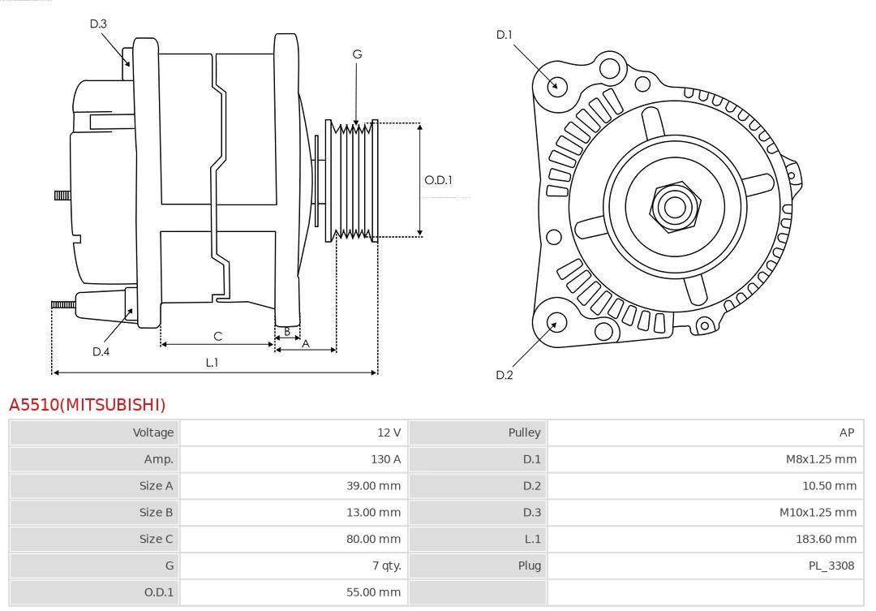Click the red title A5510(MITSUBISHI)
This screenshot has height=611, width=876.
point(87,404)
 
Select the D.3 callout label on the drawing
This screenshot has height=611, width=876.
point(98,24)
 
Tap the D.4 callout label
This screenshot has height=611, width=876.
point(101,351)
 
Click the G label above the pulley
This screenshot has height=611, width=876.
point(357,54)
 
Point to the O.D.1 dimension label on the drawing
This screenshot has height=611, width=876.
point(438,180)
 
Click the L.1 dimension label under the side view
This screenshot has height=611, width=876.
point(212,363)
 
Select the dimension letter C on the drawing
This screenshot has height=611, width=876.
point(217,336)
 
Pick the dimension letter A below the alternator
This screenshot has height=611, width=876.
point(306,343)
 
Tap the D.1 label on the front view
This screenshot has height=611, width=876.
point(505,34)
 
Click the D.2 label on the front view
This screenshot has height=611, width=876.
point(505,375)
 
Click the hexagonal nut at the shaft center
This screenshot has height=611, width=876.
point(674,206)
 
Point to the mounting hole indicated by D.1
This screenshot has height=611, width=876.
point(557,85)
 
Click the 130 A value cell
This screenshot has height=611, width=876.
point(385,459)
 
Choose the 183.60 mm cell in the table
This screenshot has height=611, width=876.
point(826,539)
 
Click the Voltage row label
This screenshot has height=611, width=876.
point(153,432)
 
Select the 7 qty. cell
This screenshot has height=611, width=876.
point(386,566)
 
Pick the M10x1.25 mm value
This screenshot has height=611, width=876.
point(818,512)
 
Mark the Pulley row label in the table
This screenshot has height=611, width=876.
point(524,432)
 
